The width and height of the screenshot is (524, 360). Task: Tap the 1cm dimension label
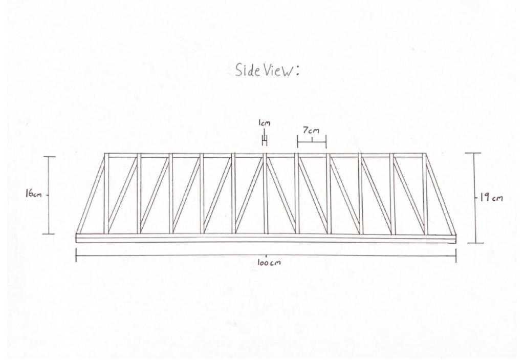[x=264, y=123]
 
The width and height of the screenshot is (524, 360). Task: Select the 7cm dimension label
[x=311, y=130]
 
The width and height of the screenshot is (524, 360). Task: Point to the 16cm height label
[x=33, y=194]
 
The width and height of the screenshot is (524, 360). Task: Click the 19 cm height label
[x=491, y=197]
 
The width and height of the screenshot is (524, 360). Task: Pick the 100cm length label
[x=269, y=263]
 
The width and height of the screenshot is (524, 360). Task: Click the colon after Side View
[x=297, y=71]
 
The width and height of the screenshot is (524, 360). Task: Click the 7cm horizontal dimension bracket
[x=312, y=142]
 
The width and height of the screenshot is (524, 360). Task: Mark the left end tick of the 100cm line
[x=76, y=256]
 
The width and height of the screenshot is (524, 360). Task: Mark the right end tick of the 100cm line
[x=456, y=256]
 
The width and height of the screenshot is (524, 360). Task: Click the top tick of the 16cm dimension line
[x=49, y=157]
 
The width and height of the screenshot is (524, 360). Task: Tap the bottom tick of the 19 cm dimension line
[x=475, y=243]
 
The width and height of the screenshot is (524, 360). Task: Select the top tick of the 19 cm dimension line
[x=473, y=153]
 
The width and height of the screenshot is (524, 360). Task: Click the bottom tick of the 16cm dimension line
[x=49, y=234]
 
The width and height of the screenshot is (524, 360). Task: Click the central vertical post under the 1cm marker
[x=266, y=194]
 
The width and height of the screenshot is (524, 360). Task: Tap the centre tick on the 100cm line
[x=266, y=256]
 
